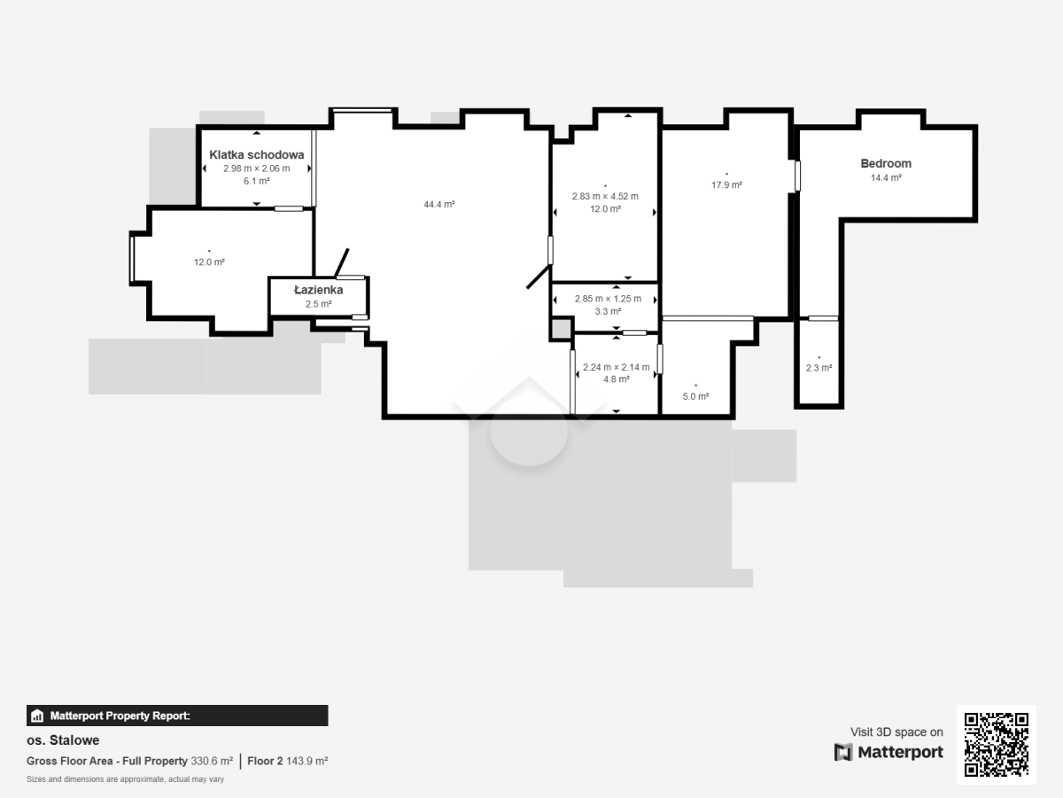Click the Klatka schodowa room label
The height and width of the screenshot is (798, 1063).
257,154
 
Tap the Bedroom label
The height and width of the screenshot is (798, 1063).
886,163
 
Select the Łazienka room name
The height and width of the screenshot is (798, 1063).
318,290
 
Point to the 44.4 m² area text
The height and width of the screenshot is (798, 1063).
439,205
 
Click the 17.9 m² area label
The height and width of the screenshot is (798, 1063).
726,185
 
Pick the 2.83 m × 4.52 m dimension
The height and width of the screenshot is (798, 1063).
605,196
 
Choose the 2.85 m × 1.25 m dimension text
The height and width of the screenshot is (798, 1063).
608,299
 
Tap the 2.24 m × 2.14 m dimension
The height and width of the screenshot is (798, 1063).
616,367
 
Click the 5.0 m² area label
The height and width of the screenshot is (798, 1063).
696,397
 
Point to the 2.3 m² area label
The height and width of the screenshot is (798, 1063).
819,368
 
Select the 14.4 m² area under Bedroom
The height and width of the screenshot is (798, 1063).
886,178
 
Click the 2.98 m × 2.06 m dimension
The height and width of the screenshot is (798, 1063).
257,168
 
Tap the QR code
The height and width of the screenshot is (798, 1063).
997,744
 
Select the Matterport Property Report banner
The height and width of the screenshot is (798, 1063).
177,716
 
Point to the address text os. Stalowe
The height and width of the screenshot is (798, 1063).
63,740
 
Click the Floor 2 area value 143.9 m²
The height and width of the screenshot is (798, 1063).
307,761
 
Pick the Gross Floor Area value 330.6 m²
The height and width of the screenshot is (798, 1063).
212,761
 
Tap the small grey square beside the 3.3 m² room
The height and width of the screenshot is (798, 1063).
562,329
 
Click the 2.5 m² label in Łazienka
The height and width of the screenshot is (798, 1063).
318,304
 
